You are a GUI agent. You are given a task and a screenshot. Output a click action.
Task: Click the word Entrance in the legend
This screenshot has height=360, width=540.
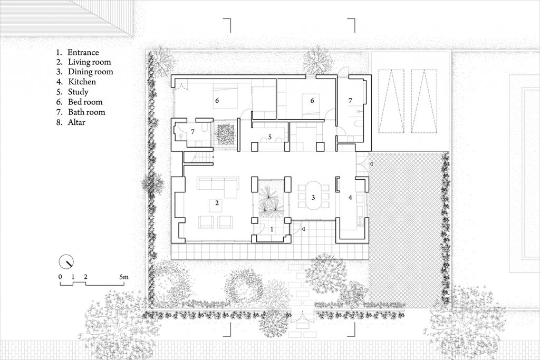coord(83,52)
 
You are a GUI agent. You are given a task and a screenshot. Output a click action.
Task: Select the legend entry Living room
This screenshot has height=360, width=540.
coord(90,62)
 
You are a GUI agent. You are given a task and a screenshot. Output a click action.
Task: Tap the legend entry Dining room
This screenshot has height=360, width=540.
coord(91,72)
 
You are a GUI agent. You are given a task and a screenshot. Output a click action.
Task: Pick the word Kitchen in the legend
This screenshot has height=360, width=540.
coord(82,82)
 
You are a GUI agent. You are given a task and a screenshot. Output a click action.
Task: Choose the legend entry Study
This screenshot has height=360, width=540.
coord(78,92)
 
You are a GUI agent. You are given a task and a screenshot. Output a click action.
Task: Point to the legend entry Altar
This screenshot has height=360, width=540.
coord(76,122)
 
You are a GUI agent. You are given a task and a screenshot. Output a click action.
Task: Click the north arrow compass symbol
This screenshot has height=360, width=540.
coord(66,262)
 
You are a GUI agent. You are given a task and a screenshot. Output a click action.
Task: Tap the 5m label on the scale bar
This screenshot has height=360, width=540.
coord(124,277)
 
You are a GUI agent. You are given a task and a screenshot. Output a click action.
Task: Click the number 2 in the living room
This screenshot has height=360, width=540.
coord(217,203)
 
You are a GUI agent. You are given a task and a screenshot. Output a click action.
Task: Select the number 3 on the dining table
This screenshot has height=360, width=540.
coord(313,198)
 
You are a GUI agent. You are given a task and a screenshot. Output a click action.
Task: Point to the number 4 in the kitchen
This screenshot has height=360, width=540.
coord(351,198)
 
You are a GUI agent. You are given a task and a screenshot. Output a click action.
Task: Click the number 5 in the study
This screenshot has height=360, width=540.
coord(270,137)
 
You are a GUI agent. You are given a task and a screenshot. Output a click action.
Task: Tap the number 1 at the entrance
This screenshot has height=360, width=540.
coord(272,229)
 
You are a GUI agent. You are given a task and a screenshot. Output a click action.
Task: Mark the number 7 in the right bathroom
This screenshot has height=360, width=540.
coord(350,101)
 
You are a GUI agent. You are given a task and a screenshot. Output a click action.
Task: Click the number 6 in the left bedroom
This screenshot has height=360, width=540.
coord(217,101)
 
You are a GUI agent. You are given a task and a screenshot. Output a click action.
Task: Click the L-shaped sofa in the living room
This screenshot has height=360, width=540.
coord(218,186)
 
